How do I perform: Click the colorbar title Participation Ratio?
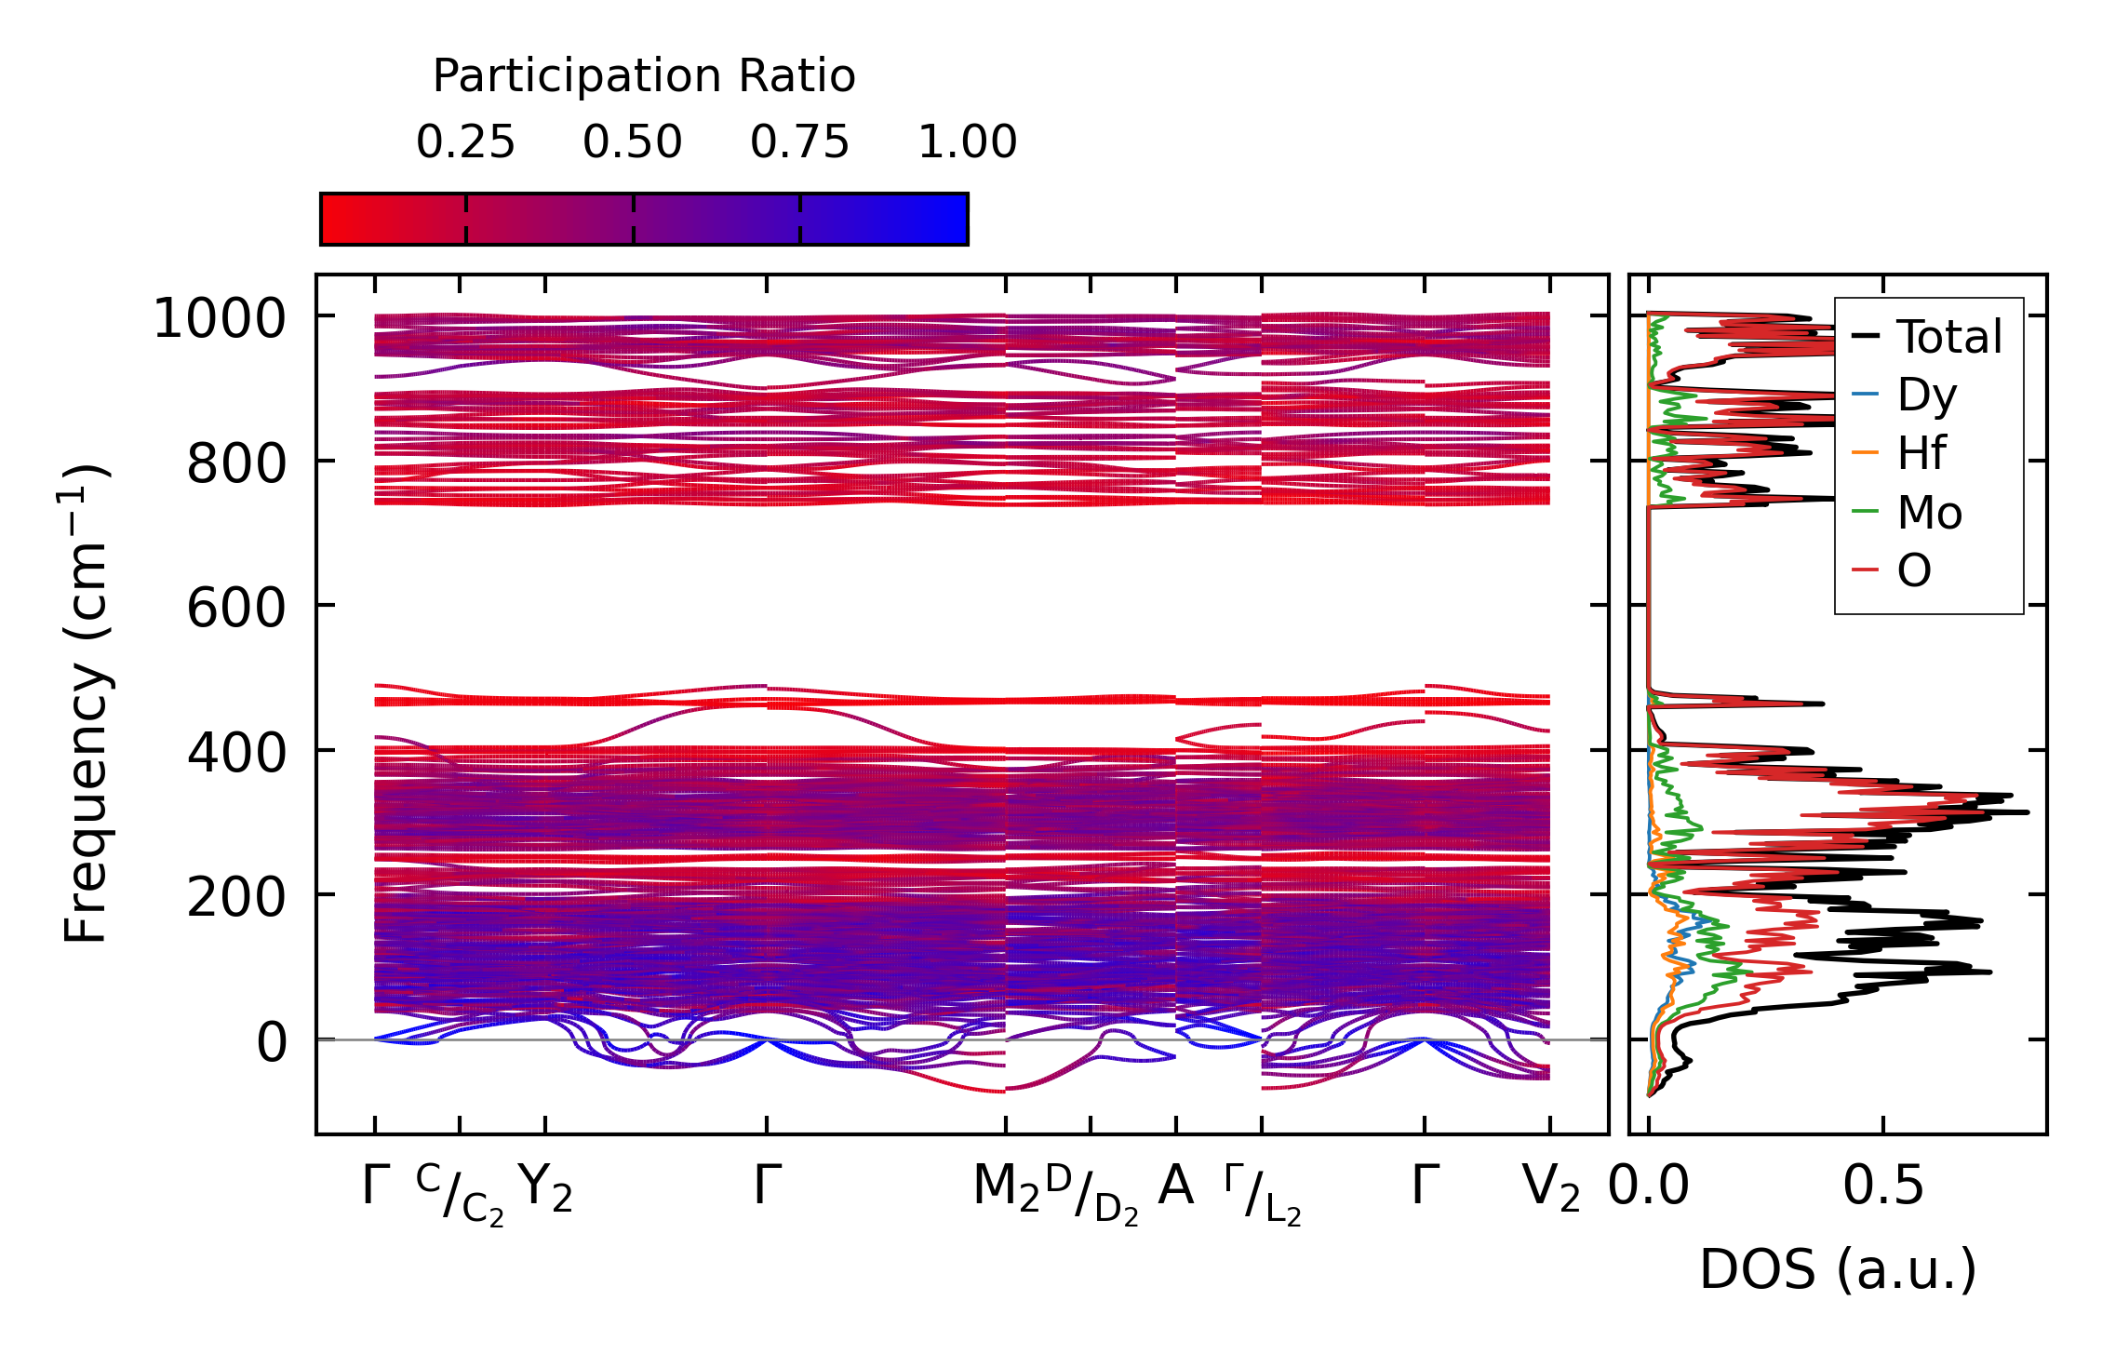pos(644,76)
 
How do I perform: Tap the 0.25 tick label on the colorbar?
pos(465,142)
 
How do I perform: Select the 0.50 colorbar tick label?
pos(633,142)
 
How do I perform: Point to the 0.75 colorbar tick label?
pos(800,142)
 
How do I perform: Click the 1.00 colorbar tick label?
pos(968,142)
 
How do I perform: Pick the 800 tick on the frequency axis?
pos(235,463)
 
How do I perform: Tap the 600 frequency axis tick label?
pos(235,609)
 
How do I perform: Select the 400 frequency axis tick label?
pos(235,753)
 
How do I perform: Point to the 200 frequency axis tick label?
pos(235,898)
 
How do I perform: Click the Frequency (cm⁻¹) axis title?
pos(86,704)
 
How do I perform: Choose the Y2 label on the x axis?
pos(545,1188)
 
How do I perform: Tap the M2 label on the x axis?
pos(1006,1188)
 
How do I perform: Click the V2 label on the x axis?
pos(1550,1188)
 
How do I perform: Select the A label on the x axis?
pos(1175,1186)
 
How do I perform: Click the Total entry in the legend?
pos(1949,337)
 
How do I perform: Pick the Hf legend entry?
pos(1921,454)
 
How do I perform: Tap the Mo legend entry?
pos(1930,513)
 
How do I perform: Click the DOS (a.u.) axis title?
pos(1838,1270)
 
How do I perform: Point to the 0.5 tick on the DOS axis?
pos(1883,1186)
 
